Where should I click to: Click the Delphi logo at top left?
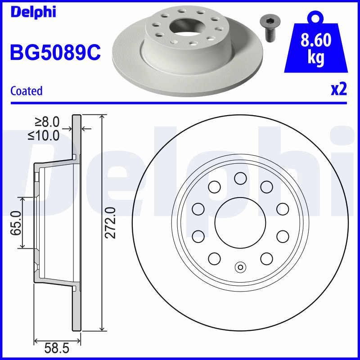click(x=33, y=12)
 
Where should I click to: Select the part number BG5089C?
click(x=55, y=52)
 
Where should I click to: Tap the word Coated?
click(x=27, y=91)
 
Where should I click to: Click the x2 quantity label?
click(x=339, y=90)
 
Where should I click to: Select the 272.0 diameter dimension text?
click(x=110, y=223)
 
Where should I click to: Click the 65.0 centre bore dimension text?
click(x=16, y=223)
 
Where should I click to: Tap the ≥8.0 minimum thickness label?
click(x=47, y=122)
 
